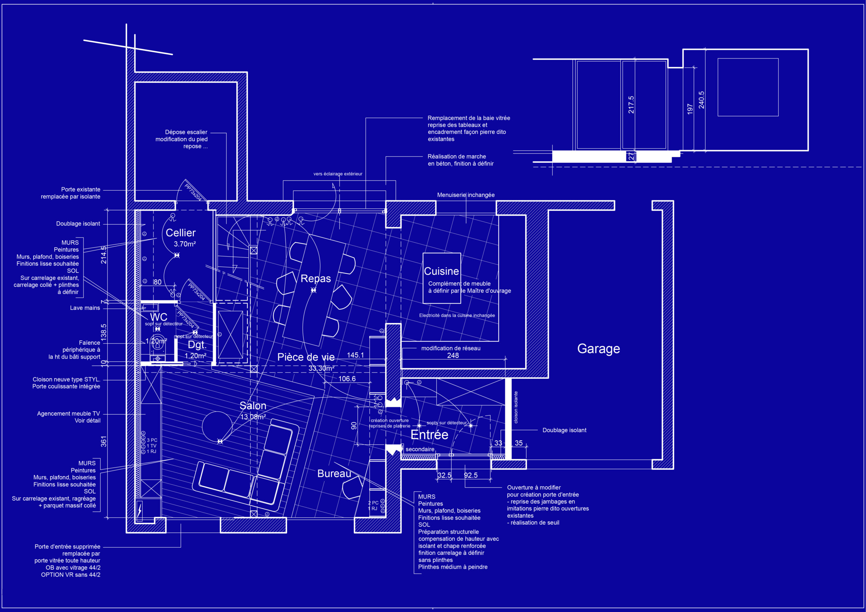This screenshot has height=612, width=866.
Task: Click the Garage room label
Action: click(x=598, y=349)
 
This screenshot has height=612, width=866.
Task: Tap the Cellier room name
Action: click(x=181, y=233)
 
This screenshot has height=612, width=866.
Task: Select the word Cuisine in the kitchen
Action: click(x=441, y=271)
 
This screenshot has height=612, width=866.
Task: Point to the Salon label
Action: click(x=253, y=405)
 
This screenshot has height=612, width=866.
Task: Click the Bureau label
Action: click(x=334, y=473)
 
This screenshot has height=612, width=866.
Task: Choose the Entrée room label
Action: click(x=429, y=435)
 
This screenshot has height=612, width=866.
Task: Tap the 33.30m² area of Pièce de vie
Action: click(x=321, y=368)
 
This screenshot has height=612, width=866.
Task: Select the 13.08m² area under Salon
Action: click(x=253, y=417)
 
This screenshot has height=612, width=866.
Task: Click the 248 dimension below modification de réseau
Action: click(x=453, y=356)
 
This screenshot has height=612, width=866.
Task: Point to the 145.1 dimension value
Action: click(x=355, y=355)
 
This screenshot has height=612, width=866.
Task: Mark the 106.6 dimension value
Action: click(x=347, y=379)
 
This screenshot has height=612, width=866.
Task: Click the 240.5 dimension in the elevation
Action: click(x=701, y=100)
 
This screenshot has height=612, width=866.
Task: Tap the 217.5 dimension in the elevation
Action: click(x=631, y=105)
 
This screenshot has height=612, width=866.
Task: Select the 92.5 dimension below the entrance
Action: click(x=470, y=475)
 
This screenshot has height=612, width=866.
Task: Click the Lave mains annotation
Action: click(x=85, y=308)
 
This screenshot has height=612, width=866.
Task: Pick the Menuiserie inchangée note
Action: click(x=466, y=195)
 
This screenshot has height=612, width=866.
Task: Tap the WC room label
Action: click(x=158, y=317)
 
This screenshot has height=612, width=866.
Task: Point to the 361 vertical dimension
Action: click(x=104, y=441)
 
